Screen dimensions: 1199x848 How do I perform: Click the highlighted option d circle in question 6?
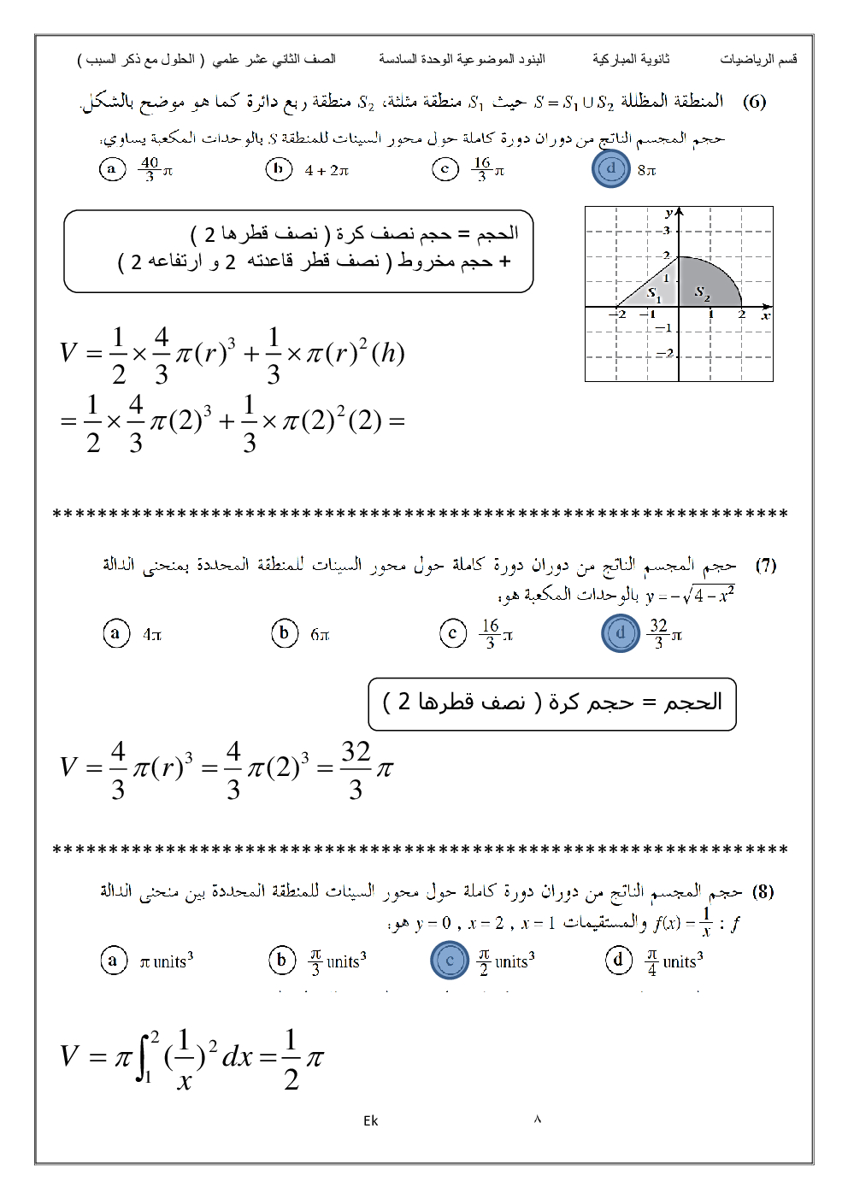point(610,169)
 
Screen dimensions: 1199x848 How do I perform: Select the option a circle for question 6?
point(111,169)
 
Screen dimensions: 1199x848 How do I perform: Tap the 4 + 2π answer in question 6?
point(327,170)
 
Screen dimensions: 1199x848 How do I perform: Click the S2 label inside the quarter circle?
point(702,292)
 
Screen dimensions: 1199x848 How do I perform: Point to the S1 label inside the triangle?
point(654,293)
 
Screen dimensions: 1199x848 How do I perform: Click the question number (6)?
point(754,102)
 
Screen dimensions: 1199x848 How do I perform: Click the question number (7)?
point(765,565)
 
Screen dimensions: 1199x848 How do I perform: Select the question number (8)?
point(763,891)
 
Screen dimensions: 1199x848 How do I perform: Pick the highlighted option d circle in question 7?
point(621,633)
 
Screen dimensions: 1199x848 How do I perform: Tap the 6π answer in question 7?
point(320,634)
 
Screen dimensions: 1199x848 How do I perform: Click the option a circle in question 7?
point(115,633)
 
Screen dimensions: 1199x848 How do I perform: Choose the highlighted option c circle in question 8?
point(450,961)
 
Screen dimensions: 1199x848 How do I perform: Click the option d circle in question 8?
point(619,961)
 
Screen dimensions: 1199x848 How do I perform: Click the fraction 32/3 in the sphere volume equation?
point(356,769)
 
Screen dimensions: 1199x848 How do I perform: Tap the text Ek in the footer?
point(370,1120)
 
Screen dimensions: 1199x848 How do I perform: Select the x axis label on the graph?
point(766,315)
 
